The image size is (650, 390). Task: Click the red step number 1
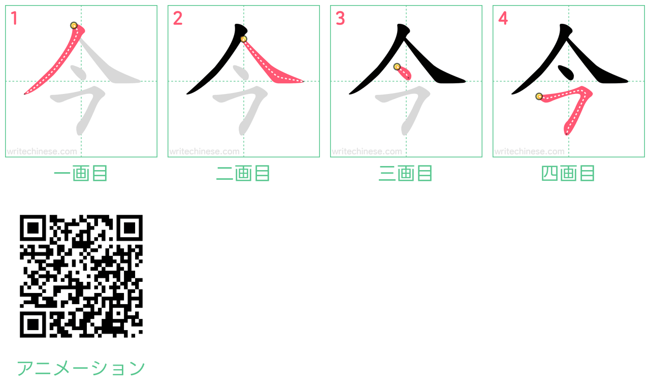pos(14,18)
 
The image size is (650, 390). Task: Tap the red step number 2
pos(178,18)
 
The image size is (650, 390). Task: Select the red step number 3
pos(340,18)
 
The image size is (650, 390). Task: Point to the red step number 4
pos(503,18)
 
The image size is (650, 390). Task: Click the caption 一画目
pos(81,173)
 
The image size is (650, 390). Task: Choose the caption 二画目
pos(243,173)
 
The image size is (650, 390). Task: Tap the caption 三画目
pos(406,173)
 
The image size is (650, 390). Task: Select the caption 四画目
pos(568,173)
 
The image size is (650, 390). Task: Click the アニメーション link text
pos(81,368)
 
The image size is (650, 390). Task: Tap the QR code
pos(81,276)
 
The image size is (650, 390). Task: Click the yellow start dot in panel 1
pos(74,25)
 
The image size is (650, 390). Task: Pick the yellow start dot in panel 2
pos(243,39)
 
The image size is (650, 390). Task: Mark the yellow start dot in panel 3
pos(397,67)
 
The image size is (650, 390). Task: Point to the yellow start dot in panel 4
pos(539,96)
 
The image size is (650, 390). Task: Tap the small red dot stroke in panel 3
pos(404,73)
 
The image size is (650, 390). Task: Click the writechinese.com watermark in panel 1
pos(42,151)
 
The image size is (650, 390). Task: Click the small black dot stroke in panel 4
pos(566,73)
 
